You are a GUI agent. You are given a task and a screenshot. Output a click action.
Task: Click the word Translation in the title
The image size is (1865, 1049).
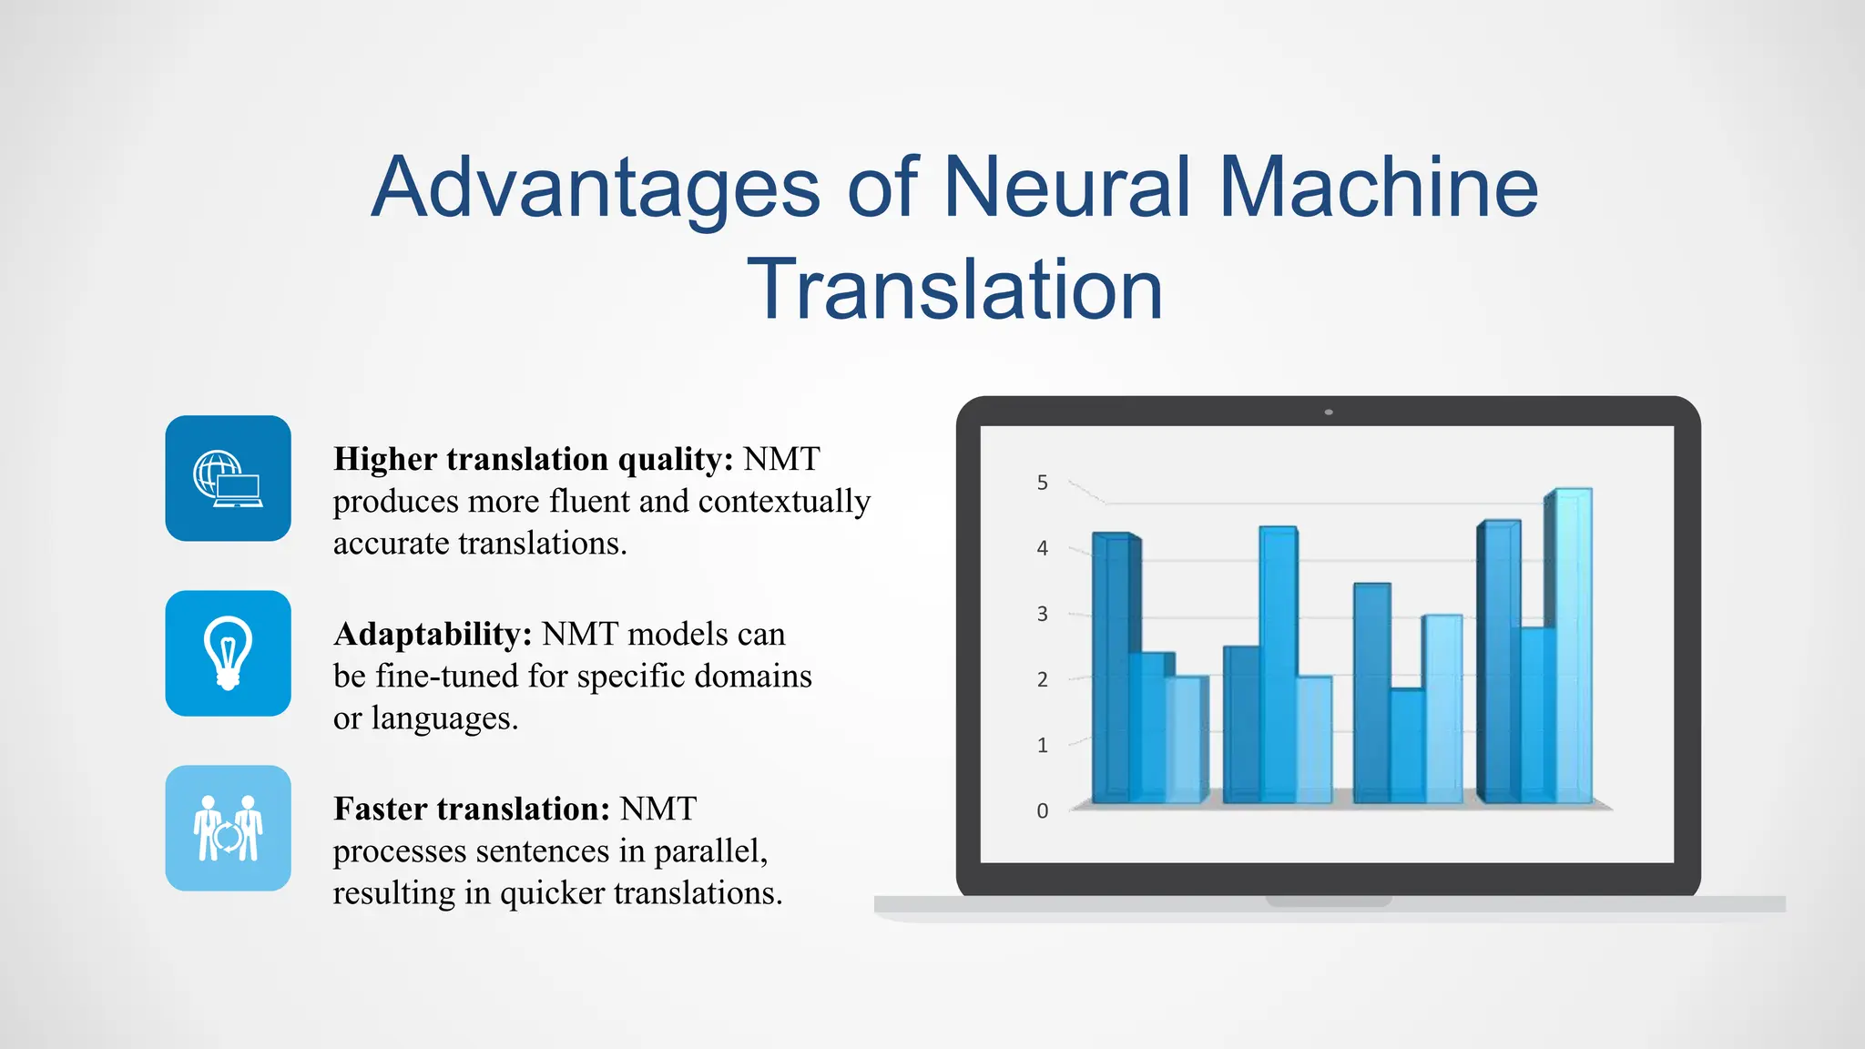954,290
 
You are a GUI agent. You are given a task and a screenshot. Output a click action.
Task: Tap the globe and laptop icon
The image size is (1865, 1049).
228,479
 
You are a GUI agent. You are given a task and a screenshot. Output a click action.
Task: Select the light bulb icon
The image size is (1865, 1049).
228,653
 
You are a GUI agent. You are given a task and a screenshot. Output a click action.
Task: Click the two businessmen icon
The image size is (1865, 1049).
228,828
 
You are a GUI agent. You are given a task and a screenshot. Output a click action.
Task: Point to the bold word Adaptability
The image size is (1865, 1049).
433,634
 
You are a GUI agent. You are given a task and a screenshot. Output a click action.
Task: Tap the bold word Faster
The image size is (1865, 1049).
380,809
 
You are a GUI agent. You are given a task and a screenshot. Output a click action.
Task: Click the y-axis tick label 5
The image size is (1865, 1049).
1042,483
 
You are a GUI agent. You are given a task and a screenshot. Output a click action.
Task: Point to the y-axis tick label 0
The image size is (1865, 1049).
1042,810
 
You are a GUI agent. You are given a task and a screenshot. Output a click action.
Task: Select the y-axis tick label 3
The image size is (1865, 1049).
1042,614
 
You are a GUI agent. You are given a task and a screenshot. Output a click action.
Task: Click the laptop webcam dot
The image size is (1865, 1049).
1329,412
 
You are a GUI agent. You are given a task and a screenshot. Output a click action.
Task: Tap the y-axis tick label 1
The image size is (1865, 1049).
1042,745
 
